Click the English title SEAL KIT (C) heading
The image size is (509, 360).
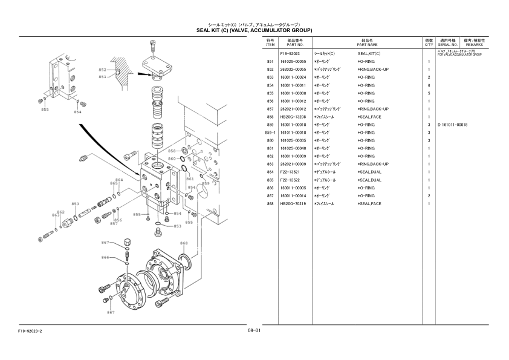click(x=254, y=30)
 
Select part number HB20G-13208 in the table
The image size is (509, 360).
click(x=293, y=117)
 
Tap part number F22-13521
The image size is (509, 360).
click(x=291, y=172)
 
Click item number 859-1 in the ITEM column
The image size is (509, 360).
click(x=270, y=133)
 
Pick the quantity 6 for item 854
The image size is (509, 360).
click(x=429, y=85)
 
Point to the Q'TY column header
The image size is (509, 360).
click(x=429, y=42)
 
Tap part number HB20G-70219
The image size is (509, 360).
click(x=293, y=203)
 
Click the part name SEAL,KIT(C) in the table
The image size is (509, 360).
click(x=369, y=54)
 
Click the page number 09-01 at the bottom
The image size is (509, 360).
click(x=254, y=330)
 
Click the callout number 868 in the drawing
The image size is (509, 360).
click(x=184, y=243)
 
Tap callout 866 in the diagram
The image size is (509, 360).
click(x=105, y=257)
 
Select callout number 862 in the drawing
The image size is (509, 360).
click(x=60, y=212)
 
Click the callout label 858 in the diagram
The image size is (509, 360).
click(x=172, y=151)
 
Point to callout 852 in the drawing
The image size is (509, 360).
click(x=102, y=70)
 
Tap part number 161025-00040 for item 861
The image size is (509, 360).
click(x=293, y=148)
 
